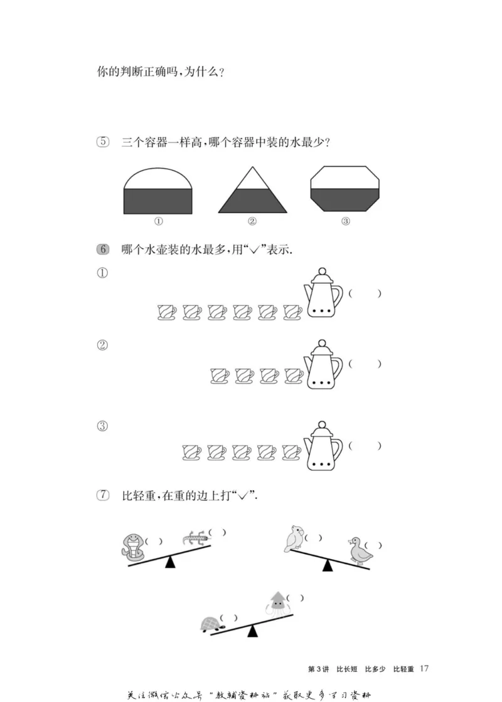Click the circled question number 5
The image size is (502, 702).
104,142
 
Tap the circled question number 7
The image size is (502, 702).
104,495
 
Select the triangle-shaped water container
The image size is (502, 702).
252,191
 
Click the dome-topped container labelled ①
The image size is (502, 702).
158,191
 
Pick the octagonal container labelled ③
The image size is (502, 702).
346,189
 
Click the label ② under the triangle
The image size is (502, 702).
252,221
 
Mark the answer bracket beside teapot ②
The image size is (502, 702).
365,364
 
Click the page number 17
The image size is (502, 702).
425,669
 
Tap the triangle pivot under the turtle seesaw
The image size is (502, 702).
252,631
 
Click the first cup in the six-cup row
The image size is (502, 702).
167,312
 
